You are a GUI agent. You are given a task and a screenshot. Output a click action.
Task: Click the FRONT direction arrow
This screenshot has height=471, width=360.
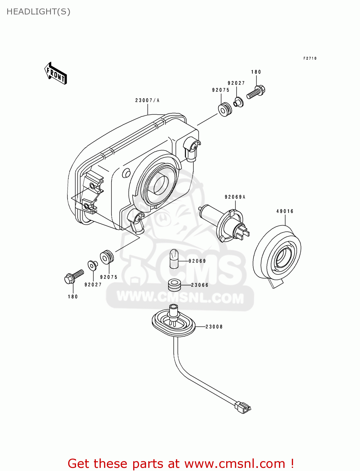point(56,73)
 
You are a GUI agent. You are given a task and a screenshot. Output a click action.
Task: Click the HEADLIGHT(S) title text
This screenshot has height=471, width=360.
point(38,12)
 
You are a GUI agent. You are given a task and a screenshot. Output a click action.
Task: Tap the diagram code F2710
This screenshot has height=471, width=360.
point(310,58)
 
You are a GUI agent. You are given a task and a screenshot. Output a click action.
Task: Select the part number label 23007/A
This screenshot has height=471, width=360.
point(147,100)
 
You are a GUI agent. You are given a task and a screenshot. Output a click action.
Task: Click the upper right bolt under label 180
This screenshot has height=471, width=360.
point(256,92)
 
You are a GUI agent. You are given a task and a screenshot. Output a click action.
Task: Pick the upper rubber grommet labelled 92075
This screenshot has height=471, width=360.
point(225,109)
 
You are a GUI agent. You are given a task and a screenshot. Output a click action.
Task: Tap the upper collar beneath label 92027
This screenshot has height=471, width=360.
point(238,102)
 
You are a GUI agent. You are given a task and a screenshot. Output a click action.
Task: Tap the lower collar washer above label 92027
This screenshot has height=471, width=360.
point(92,265)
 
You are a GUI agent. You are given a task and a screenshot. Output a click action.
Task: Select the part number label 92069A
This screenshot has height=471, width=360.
point(235,197)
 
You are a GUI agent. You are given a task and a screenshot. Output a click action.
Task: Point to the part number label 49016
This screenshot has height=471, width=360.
point(285,211)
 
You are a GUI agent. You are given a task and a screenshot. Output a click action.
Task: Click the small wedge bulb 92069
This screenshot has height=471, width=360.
point(174,259)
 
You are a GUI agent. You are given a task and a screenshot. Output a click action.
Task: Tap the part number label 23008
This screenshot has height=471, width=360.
point(214,327)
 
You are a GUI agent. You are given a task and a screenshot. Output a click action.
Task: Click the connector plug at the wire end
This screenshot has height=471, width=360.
point(243,407)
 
